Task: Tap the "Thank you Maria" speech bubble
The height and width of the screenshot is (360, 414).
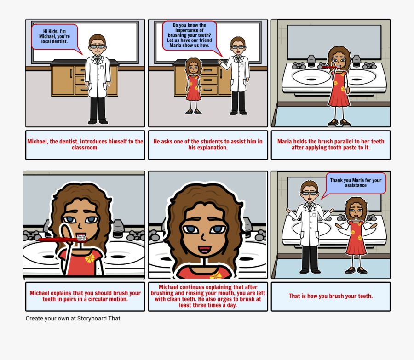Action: click(356, 183)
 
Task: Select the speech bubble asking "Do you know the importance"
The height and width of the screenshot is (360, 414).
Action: click(190, 35)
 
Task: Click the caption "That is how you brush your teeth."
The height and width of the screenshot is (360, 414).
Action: click(331, 296)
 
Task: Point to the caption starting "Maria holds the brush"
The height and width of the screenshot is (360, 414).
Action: click(331, 144)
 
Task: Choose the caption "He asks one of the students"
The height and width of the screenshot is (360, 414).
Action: click(208, 144)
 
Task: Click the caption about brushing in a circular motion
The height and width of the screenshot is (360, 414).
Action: click(85, 296)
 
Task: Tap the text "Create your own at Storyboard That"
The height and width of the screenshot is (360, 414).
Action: click(73, 318)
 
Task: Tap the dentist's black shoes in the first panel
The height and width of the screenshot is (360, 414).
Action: click(98, 121)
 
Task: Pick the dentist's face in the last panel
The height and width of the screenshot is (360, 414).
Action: click(310, 193)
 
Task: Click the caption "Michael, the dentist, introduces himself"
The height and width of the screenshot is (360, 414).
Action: click(85, 144)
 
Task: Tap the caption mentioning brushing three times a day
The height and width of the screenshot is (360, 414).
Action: click(208, 296)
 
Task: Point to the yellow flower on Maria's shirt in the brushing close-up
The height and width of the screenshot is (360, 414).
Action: click(90, 259)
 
